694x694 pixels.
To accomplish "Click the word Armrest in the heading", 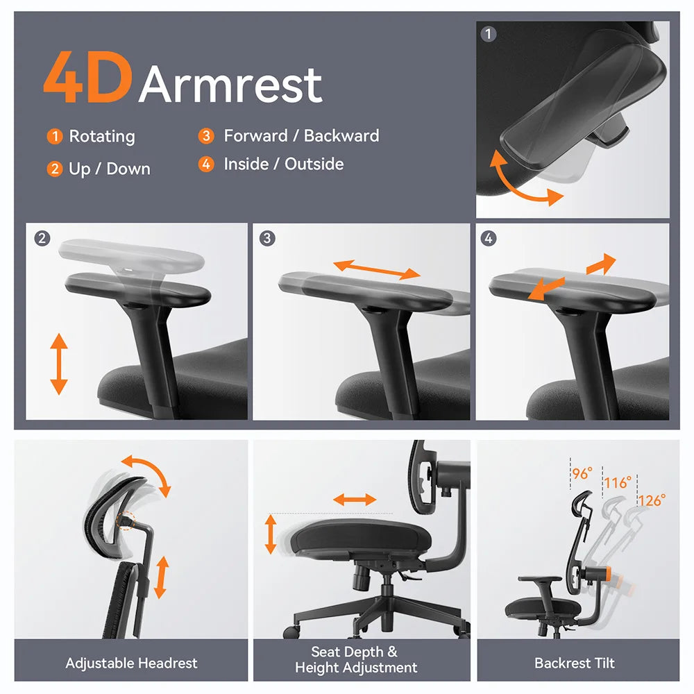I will click(230, 85).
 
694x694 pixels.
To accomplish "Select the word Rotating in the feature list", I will click(102, 137).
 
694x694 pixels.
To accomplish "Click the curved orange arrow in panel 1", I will click(523, 182).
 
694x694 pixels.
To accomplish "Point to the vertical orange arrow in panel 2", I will click(59, 364).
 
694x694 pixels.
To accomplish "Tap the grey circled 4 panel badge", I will click(489, 239).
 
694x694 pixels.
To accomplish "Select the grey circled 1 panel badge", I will click(489, 34).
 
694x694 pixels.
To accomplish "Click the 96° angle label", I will click(582, 473).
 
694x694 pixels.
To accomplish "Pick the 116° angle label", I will click(618, 482).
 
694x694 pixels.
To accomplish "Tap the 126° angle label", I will click(652, 499).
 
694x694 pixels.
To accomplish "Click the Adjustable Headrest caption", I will click(131, 663).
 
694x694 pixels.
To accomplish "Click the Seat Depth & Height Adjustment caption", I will click(356, 660).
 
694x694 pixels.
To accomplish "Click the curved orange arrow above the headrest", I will click(147, 474).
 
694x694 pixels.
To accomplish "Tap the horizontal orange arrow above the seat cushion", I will click(355, 500).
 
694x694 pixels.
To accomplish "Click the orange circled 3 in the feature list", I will click(206, 136).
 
